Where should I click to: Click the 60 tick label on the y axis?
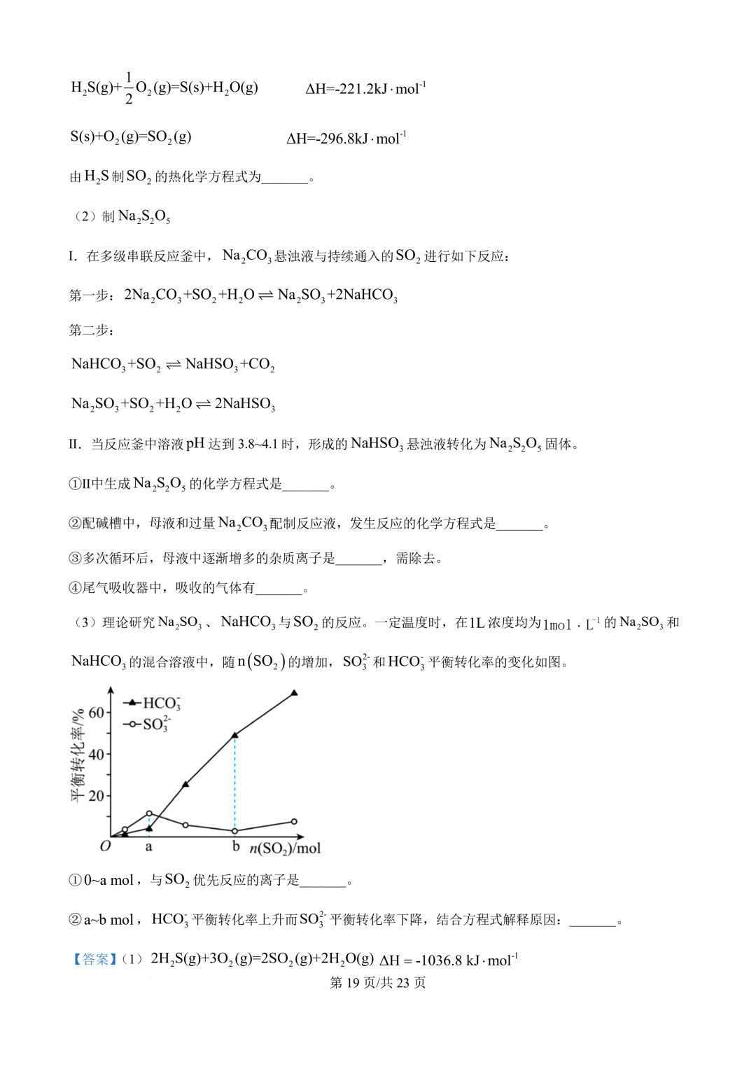pos(96,713)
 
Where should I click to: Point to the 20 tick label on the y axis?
pos(96,796)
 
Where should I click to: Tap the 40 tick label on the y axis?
pos(96,755)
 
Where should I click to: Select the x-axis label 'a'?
pos(148,847)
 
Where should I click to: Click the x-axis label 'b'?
pos(236,846)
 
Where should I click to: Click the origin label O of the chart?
pos(105,846)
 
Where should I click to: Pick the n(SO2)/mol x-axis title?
pos(285,848)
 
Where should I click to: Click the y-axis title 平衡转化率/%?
pos(78,754)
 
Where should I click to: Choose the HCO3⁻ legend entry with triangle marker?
pos(152,703)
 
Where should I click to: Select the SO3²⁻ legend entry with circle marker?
pos(148,724)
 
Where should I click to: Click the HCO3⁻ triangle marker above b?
pos(235,735)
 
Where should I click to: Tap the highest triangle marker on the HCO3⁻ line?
pos(294,692)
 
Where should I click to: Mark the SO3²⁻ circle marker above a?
pos(149,813)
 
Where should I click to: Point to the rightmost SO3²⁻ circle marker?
pos(294,821)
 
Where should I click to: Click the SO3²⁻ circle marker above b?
pos(235,831)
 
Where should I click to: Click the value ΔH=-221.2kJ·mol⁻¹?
pos(365,89)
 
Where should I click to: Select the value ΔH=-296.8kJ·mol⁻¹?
pos(346,138)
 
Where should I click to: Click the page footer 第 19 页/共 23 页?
pos(377,983)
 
